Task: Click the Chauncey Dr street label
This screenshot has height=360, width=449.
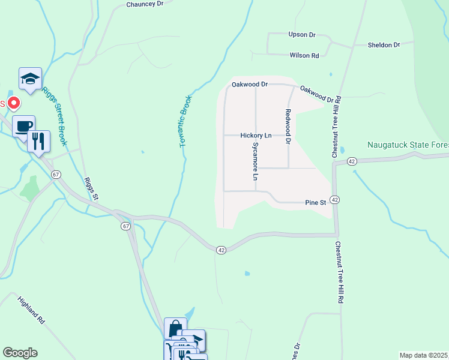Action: click(145, 4)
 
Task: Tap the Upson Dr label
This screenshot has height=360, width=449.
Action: click(302, 35)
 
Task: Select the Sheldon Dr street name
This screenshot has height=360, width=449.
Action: click(384, 45)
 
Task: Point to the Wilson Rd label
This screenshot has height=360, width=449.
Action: click(304, 55)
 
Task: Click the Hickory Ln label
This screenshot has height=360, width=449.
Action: click(256, 136)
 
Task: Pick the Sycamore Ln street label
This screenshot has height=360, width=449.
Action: click(255, 161)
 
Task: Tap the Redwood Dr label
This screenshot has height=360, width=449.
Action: click(288, 127)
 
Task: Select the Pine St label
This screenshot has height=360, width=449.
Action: click(315, 203)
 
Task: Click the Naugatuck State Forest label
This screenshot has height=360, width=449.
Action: click(408, 145)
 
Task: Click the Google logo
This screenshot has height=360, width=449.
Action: click(20, 353)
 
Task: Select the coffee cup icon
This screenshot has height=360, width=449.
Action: click(23, 126)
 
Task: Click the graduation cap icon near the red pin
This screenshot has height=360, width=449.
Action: click(30, 79)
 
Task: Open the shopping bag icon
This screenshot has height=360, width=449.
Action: click(175, 328)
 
